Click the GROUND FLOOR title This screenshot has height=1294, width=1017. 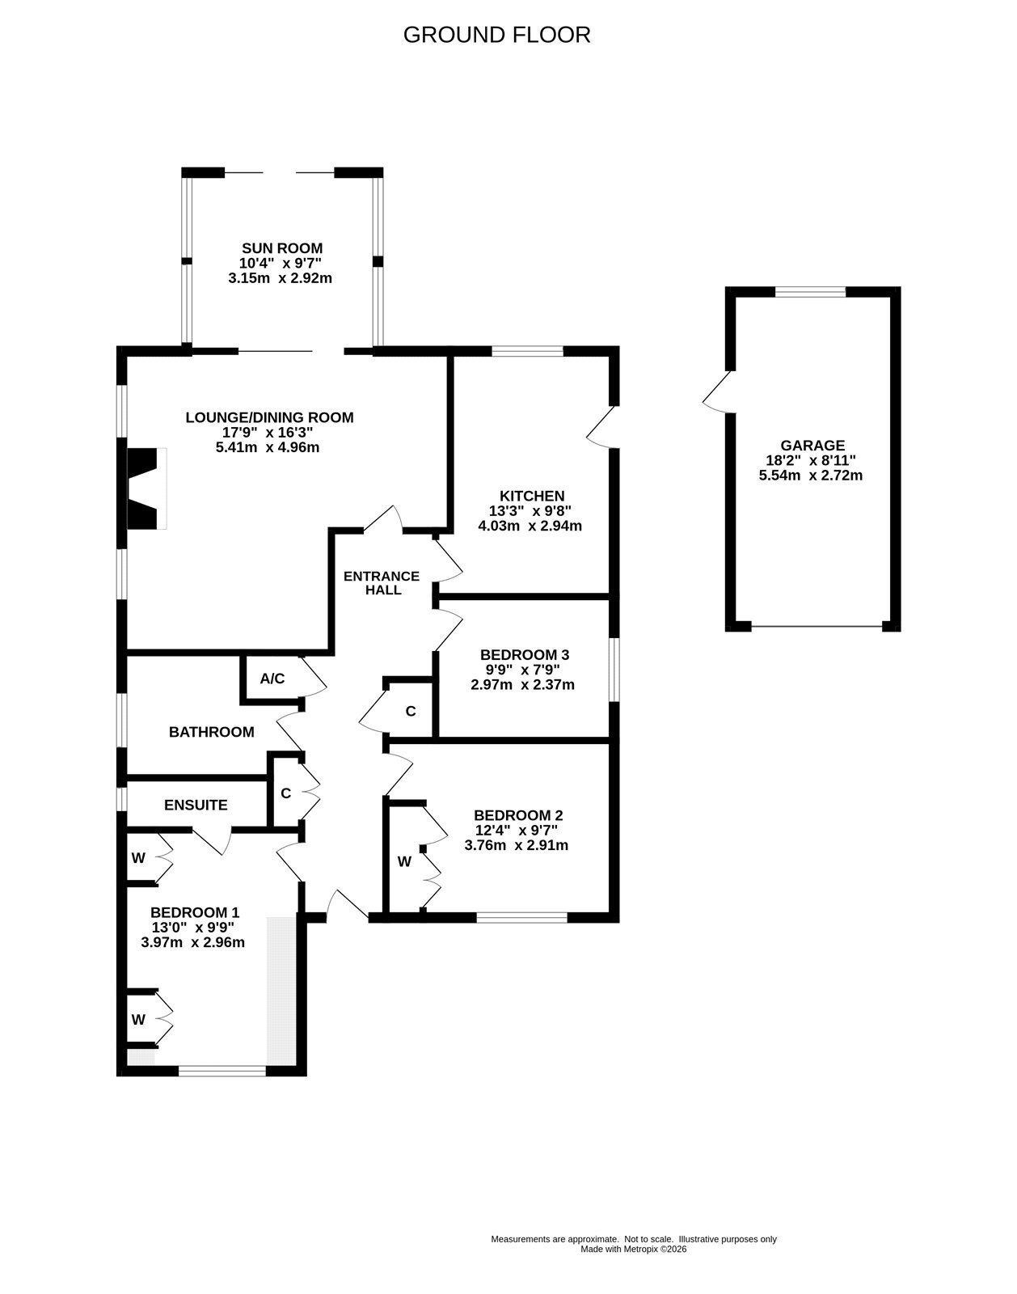pos(496,35)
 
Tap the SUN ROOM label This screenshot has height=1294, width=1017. pos(282,248)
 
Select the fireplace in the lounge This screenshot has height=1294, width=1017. pos(146,488)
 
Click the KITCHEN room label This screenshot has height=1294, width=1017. pos(532,496)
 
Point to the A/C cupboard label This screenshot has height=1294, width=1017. pos(272,679)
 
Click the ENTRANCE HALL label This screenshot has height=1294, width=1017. pos(382,582)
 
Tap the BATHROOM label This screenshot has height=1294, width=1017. pos(212,732)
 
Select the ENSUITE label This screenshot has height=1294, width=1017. pos(196,805)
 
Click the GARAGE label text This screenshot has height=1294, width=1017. pos(812,446)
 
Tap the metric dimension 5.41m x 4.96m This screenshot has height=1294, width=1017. pos(268,447)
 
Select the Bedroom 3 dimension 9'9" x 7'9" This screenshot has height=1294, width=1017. pos(523,670)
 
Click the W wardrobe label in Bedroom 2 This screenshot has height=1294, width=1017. pos(404,861)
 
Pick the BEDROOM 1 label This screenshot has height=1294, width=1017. pos(195,912)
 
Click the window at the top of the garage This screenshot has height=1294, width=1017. pos(810,292)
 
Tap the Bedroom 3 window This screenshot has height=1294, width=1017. pos(614,670)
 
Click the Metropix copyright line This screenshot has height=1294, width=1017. pos(634,1249)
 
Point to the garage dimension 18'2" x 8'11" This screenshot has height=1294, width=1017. pos(811,461)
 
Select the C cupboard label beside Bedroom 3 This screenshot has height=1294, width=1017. pos(411,712)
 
